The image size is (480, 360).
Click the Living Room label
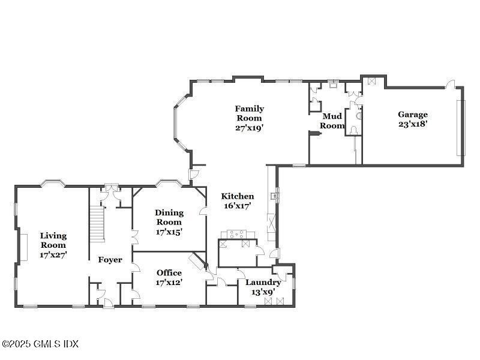pyautogui.click(x=53, y=240)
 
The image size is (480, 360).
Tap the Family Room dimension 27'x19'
pyautogui.click(x=249, y=127)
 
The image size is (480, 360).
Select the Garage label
pyautogui.click(x=413, y=115)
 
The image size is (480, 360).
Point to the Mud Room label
pyautogui.click(x=332, y=121)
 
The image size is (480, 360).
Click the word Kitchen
pyautogui.click(x=238, y=196)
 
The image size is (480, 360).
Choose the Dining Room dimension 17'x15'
pyautogui.click(x=169, y=231)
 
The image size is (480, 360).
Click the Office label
pyautogui.click(x=169, y=272)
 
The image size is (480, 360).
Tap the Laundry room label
pyautogui.click(x=263, y=282)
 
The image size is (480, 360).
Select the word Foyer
pyautogui.click(x=110, y=260)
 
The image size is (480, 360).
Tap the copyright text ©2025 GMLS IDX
pyautogui.click(x=40, y=344)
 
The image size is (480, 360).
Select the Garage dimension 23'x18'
pyautogui.click(x=413, y=124)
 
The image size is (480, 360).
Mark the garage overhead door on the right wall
pyautogui.click(x=460, y=127)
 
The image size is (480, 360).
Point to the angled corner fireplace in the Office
pyautogui.click(x=197, y=262)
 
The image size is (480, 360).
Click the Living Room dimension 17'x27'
pyautogui.click(x=53, y=254)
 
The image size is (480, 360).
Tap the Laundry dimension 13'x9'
pyautogui.click(x=263, y=292)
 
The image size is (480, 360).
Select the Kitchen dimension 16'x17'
pyautogui.click(x=238, y=206)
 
